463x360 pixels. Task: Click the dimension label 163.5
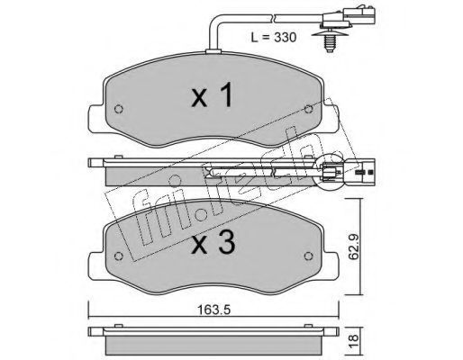[x=213, y=310]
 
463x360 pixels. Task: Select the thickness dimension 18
[x=354, y=338]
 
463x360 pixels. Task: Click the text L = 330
[x=274, y=37]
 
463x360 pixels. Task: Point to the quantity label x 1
[x=212, y=94]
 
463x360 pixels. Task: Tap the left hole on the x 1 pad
[x=119, y=109]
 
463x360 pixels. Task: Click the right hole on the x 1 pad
[x=308, y=109]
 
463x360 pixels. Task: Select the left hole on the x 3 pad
[x=119, y=256]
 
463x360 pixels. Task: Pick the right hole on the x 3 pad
[x=308, y=256]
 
